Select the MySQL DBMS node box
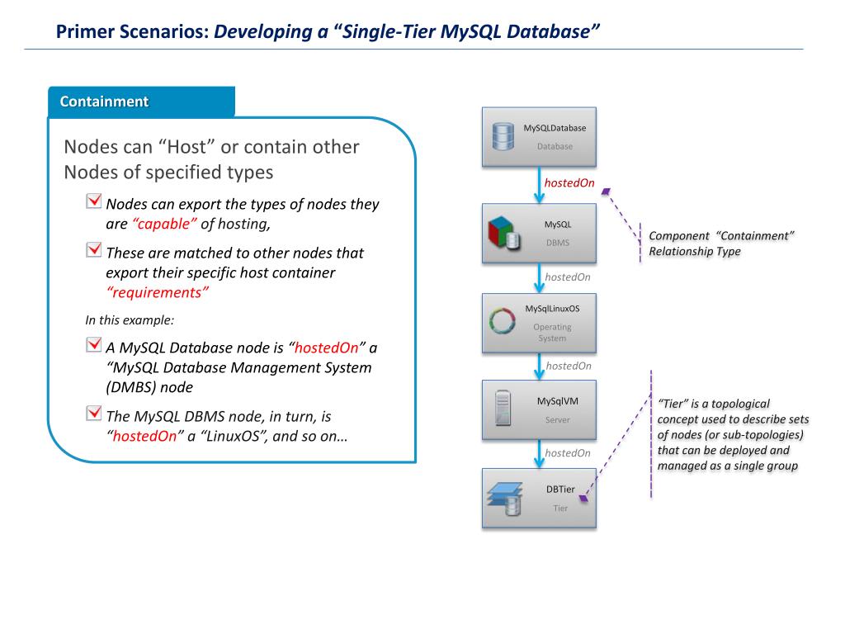pos(539,234)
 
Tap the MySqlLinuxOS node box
pos(539,323)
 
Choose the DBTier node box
pos(539,499)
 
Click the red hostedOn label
pos(569,183)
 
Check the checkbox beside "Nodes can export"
pos(93,202)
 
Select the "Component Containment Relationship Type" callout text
pos(721,244)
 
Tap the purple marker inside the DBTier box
pos(583,499)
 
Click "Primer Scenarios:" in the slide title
pos(132,33)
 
